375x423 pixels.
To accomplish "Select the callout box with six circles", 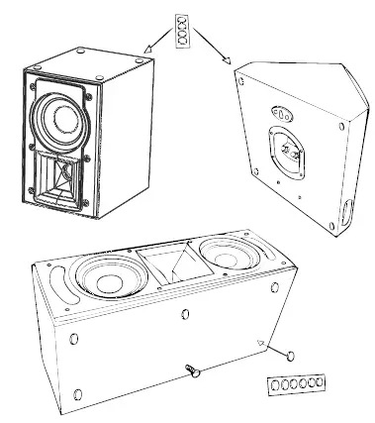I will point(295,382).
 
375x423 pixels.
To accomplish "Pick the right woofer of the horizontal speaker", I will point(226,254).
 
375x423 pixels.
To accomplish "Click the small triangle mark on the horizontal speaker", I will point(260,342).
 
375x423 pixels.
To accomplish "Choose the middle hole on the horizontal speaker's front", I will point(186,315).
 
